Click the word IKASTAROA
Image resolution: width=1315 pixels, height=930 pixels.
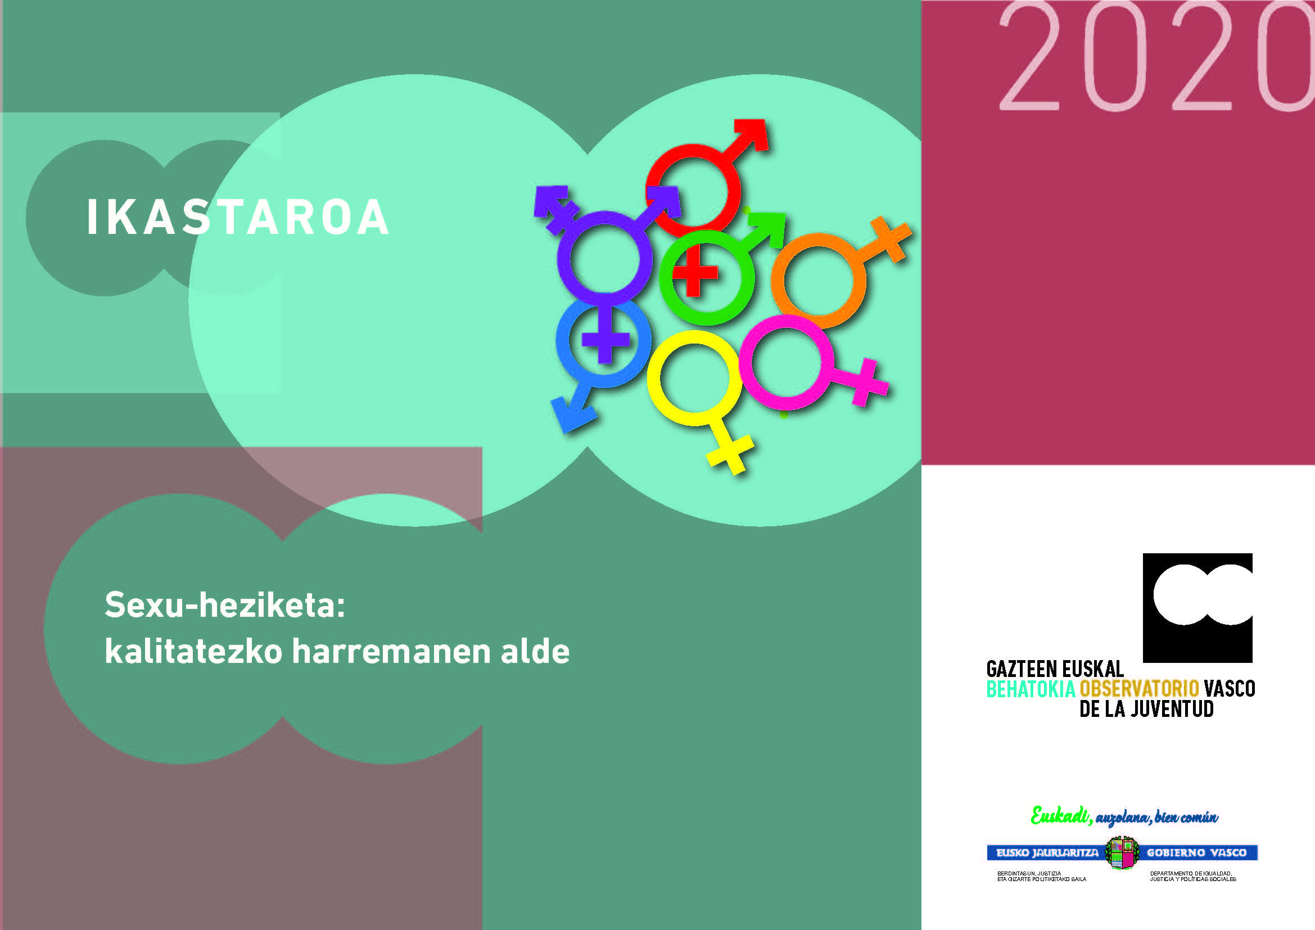coord(238,217)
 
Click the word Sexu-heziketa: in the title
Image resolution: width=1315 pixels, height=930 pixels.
coord(225,605)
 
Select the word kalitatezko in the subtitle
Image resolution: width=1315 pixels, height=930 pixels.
coord(193,651)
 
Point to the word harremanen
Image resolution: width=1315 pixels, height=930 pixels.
coord(391,651)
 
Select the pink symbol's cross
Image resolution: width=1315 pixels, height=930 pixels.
coord(867,382)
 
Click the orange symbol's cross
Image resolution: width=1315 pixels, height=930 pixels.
coord(891,240)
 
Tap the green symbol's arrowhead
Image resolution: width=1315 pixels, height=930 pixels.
coord(768,228)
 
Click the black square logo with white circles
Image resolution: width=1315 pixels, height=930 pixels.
coord(1197,608)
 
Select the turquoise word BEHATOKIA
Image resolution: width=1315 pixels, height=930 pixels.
coord(1031,689)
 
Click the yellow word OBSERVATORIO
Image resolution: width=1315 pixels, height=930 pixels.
coord(1139,689)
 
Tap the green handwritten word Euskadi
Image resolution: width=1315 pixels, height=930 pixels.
coord(1060,815)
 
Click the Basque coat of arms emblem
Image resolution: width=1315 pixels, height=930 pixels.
coord(1122,853)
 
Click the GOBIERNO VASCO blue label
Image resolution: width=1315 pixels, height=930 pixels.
coord(1197,853)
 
